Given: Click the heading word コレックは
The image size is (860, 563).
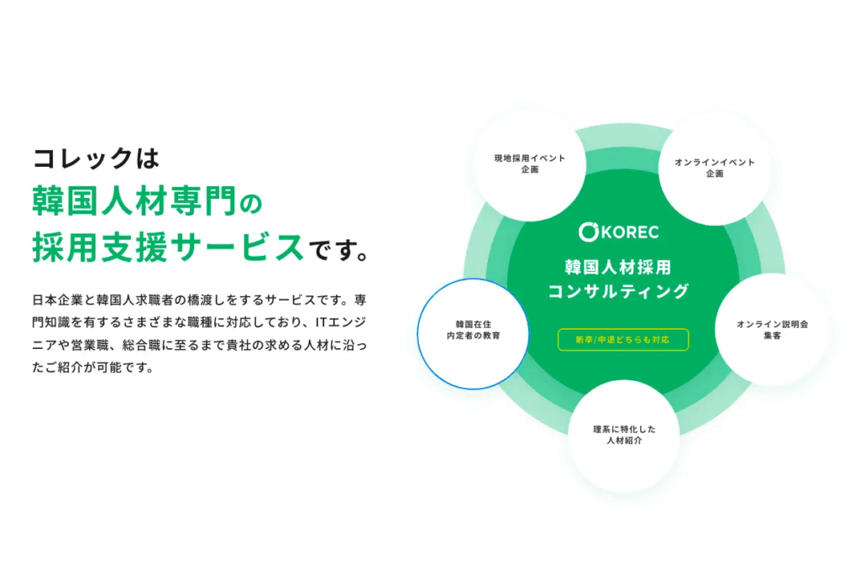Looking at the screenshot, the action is [x=96, y=159].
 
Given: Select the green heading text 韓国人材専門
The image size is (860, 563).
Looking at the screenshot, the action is [x=134, y=201].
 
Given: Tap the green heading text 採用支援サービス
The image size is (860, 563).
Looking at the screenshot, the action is [x=168, y=248].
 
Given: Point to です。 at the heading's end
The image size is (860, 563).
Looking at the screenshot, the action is [x=338, y=250].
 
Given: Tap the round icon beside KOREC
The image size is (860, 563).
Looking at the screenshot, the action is [x=588, y=232].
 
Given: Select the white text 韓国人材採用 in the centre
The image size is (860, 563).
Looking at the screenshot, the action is [x=618, y=268].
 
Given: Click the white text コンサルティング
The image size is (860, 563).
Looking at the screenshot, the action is [x=618, y=291].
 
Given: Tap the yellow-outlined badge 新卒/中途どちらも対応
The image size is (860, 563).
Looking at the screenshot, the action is [x=623, y=339].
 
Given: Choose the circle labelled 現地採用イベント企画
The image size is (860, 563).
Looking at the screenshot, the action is [x=530, y=164].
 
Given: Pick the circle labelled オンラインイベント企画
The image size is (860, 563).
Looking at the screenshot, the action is [x=715, y=168].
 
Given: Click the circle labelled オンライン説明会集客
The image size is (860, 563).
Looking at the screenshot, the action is [x=772, y=330].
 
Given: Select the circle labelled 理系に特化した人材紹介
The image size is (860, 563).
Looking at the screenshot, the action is [x=624, y=435].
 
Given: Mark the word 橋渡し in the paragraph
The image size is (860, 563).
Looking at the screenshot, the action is [x=212, y=300].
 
